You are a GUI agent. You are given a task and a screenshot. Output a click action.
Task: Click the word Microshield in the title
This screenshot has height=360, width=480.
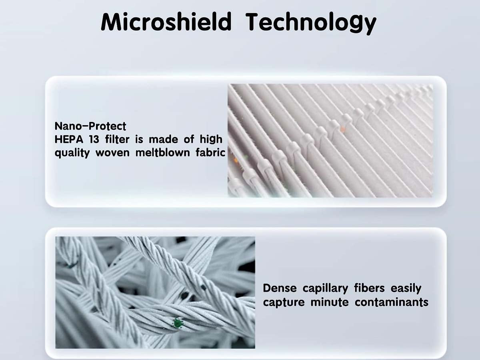click(x=166, y=22)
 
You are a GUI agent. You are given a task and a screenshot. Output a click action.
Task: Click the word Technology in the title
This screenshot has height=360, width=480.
click(x=311, y=23)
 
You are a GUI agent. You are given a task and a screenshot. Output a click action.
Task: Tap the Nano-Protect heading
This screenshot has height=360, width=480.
click(x=90, y=126)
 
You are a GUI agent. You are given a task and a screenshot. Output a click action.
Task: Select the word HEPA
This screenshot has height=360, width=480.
click(x=69, y=140)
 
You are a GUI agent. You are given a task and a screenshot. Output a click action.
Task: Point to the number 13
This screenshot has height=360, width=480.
click(x=94, y=140)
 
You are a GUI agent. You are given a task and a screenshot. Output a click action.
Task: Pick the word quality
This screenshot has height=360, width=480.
click(x=72, y=153)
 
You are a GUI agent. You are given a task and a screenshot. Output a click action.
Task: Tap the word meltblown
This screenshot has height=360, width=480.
click(x=162, y=152)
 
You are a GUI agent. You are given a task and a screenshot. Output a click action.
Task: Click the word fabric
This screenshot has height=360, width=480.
click(x=210, y=152)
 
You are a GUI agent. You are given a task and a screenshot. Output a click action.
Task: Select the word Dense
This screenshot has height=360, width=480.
click(x=280, y=288)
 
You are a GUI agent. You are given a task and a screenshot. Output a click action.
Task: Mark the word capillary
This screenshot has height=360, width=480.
click(x=325, y=289)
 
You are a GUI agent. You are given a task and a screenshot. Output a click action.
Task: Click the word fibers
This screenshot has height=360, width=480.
click(x=369, y=288)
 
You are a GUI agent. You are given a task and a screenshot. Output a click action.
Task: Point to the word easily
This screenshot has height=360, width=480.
click(x=406, y=289)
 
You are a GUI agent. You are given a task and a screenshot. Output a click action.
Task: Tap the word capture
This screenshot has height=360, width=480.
click(x=284, y=303)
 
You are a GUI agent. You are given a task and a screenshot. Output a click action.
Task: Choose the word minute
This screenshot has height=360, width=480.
click(x=329, y=302)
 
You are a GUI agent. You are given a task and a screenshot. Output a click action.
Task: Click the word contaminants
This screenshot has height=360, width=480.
click(x=392, y=302)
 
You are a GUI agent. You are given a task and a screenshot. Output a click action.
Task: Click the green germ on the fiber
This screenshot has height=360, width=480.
click(x=177, y=323)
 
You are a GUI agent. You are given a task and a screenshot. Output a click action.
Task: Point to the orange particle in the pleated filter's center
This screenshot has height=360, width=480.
click(x=343, y=129)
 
